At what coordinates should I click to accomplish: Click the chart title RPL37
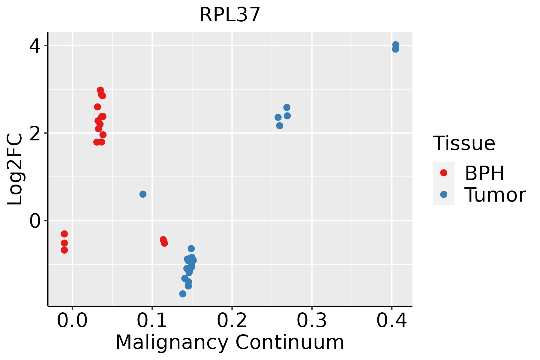(x=230, y=15)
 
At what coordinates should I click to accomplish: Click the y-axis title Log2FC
(x=15, y=169)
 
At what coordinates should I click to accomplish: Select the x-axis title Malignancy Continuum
(x=230, y=343)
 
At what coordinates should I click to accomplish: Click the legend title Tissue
(x=464, y=143)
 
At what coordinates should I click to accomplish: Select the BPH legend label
(x=484, y=173)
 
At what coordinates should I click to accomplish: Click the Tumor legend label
(x=495, y=195)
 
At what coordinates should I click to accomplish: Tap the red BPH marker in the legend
(x=443, y=173)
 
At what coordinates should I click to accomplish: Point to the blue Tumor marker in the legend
(x=443, y=194)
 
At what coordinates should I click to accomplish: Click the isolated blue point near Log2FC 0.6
(x=143, y=194)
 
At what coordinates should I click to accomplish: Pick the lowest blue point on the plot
(x=183, y=294)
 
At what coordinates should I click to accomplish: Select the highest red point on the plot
(x=100, y=90)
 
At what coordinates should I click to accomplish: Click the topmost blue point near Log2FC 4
(x=396, y=45)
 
